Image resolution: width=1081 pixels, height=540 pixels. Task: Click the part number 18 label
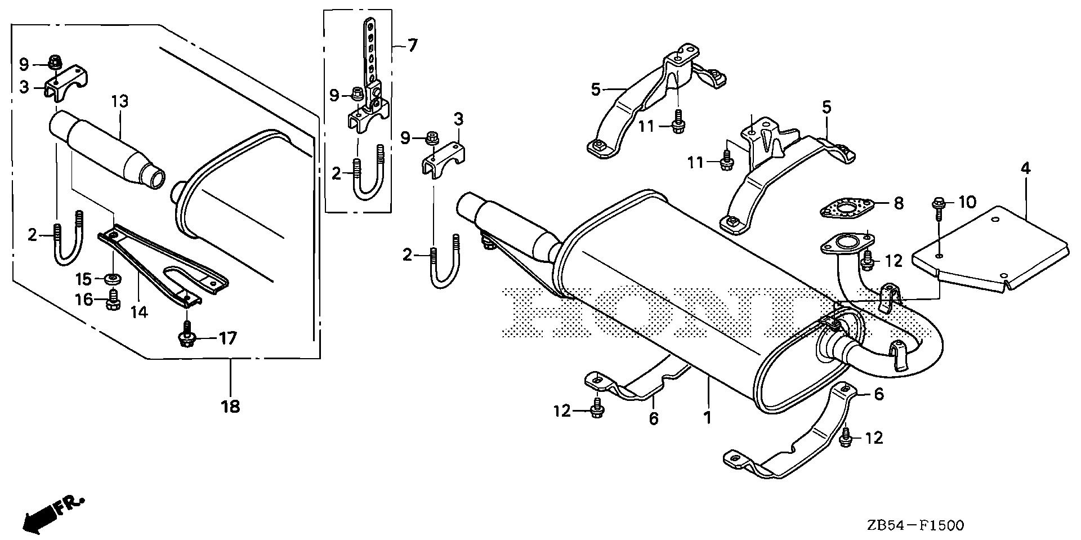pyautogui.click(x=231, y=406)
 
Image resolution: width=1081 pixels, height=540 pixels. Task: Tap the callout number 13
pyautogui.click(x=120, y=102)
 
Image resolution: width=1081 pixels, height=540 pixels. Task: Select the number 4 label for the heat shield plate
pyautogui.click(x=1026, y=168)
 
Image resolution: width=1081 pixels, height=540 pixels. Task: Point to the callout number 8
pyautogui.click(x=898, y=203)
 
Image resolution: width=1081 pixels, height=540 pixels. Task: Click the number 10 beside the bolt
pyautogui.click(x=967, y=202)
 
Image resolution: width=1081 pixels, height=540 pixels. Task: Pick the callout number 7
pyautogui.click(x=412, y=44)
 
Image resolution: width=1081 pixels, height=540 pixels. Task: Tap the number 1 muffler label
pyautogui.click(x=707, y=418)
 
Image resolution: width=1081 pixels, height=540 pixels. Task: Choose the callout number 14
pyautogui.click(x=139, y=311)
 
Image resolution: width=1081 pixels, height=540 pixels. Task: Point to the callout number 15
pyautogui.click(x=83, y=279)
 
